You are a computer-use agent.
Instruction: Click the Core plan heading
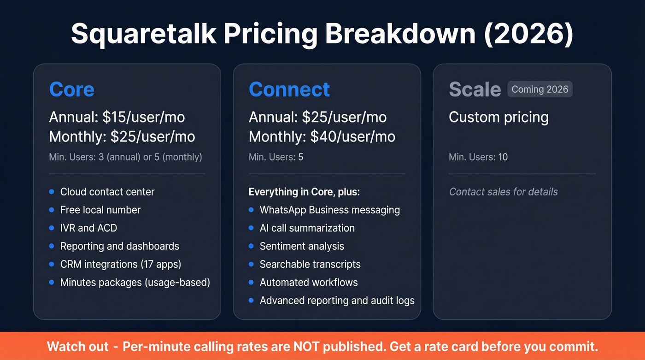pos(71,89)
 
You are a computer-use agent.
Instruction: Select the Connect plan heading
pos(289,89)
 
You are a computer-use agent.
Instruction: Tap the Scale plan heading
pos(475,89)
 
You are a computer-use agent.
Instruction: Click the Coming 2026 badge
pos(539,89)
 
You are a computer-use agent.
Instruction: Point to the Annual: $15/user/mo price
pos(117,117)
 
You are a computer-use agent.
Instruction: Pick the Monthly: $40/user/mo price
pos(322,137)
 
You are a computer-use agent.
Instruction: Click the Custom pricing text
pos(498,117)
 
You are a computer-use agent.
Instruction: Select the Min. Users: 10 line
pos(478,157)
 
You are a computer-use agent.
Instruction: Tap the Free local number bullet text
pos(100,210)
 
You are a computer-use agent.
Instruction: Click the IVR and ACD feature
pos(88,228)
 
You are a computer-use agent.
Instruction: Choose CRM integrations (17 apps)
pos(120,265)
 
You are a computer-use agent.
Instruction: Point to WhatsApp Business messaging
pos(329,210)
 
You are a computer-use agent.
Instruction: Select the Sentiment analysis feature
pos(302,246)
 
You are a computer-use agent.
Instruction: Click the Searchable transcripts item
pos(310,265)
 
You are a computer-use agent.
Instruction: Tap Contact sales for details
pos(503,192)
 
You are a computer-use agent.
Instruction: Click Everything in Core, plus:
pos(304,192)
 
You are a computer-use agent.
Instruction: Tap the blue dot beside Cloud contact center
pos(52,192)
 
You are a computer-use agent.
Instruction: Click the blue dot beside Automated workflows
pos(251,282)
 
